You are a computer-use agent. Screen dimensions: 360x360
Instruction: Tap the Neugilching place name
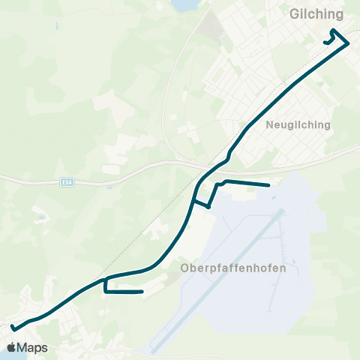coord(298,126)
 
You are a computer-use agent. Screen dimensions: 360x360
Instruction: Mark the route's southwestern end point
coord(12,327)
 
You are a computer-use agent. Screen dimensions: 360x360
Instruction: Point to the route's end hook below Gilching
coord(325,43)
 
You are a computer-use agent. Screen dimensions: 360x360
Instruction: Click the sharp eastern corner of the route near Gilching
coord(349,43)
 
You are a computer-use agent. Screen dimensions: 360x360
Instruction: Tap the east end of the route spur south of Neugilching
coord(268,185)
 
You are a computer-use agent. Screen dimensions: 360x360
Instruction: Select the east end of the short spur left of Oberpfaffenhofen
coord(142,292)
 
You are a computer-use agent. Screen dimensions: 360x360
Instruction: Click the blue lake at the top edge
coord(183,5)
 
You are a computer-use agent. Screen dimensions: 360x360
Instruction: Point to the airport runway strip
coord(217,282)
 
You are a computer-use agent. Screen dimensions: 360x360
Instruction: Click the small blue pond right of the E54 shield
coord(109,186)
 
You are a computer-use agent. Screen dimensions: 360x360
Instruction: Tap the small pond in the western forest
coord(42,218)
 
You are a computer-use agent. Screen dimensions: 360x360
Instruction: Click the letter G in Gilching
coord(294,14)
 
